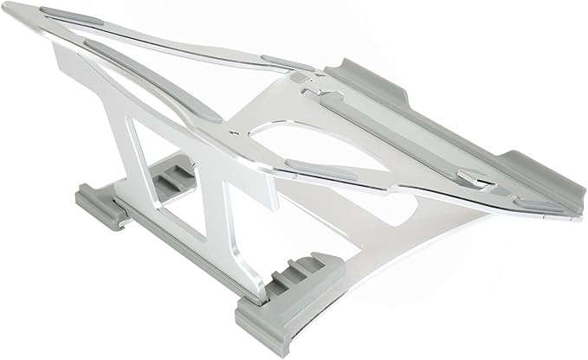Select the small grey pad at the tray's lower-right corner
click(x=528, y=203)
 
